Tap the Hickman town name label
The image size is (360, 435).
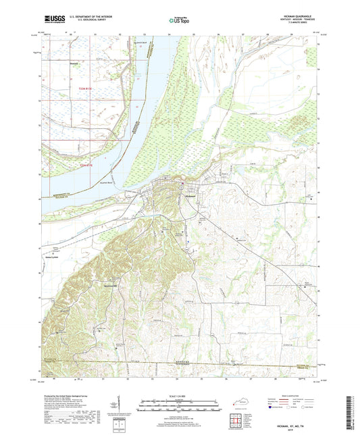(192, 195)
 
